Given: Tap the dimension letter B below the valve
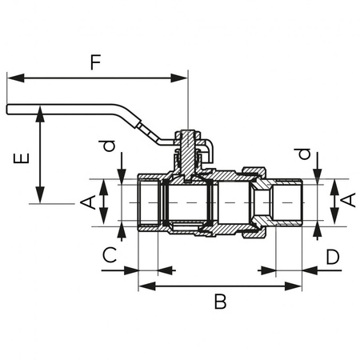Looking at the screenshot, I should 221,302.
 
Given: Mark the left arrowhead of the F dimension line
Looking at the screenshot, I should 11,78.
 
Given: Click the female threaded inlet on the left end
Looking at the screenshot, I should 149,203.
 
